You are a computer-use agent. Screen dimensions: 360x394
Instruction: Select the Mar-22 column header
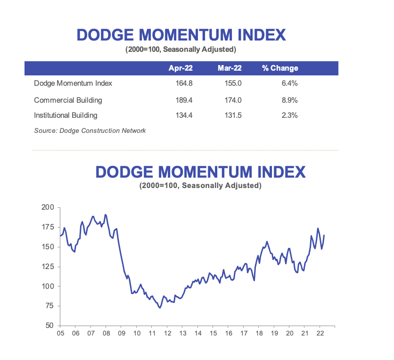(x=230, y=68)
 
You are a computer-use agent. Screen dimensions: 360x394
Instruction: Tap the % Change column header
(x=280, y=68)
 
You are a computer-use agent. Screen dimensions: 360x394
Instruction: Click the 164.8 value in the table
(x=181, y=83)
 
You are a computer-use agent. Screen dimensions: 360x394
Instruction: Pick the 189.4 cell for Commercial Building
(x=181, y=100)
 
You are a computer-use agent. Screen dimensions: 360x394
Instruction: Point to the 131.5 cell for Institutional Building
(x=233, y=115)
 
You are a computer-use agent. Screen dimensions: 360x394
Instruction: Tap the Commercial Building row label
(x=68, y=100)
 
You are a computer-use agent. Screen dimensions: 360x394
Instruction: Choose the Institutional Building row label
(x=66, y=115)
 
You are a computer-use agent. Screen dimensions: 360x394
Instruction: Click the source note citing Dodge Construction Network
(x=90, y=131)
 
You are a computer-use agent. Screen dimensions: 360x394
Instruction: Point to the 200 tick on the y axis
(x=49, y=207)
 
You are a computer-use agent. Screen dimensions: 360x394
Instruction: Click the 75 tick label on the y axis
(x=50, y=306)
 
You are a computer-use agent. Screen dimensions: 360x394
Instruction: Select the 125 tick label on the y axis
(x=49, y=267)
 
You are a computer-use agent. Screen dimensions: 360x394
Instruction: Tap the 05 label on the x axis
(x=60, y=333)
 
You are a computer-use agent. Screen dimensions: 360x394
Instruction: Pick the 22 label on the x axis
(x=320, y=333)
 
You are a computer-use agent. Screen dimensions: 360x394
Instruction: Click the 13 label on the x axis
(x=182, y=333)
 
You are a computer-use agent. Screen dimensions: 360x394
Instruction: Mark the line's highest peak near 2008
(x=105, y=215)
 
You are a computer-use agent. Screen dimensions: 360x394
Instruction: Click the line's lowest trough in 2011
(x=160, y=308)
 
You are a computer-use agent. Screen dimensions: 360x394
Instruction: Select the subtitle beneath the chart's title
(x=200, y=186)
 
